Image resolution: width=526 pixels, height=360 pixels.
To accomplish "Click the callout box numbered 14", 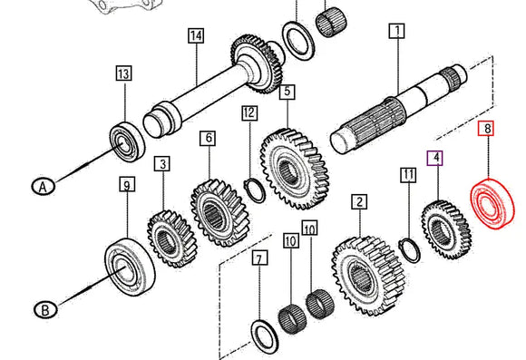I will click(x=195, y=36).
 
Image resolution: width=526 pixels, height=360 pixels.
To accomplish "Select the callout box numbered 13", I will click(x=123, y=73).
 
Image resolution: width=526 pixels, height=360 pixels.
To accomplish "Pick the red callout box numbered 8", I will click(x=488, y=130).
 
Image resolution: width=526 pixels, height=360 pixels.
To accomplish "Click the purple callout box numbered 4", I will click(x=436, y=159).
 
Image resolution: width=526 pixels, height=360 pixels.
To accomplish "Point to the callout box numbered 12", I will click(x=249, y=113).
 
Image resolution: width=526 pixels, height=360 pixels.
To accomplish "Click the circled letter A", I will click(x=41, y=187).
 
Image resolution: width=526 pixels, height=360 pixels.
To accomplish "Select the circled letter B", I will click(x=42, y=310).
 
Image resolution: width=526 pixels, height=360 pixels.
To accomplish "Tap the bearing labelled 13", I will click(x=122, y=141).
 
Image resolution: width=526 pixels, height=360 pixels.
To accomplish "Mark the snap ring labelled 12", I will click(x=256, y=190).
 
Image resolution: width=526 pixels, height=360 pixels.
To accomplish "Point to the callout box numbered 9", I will click(x=127, y=186).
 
